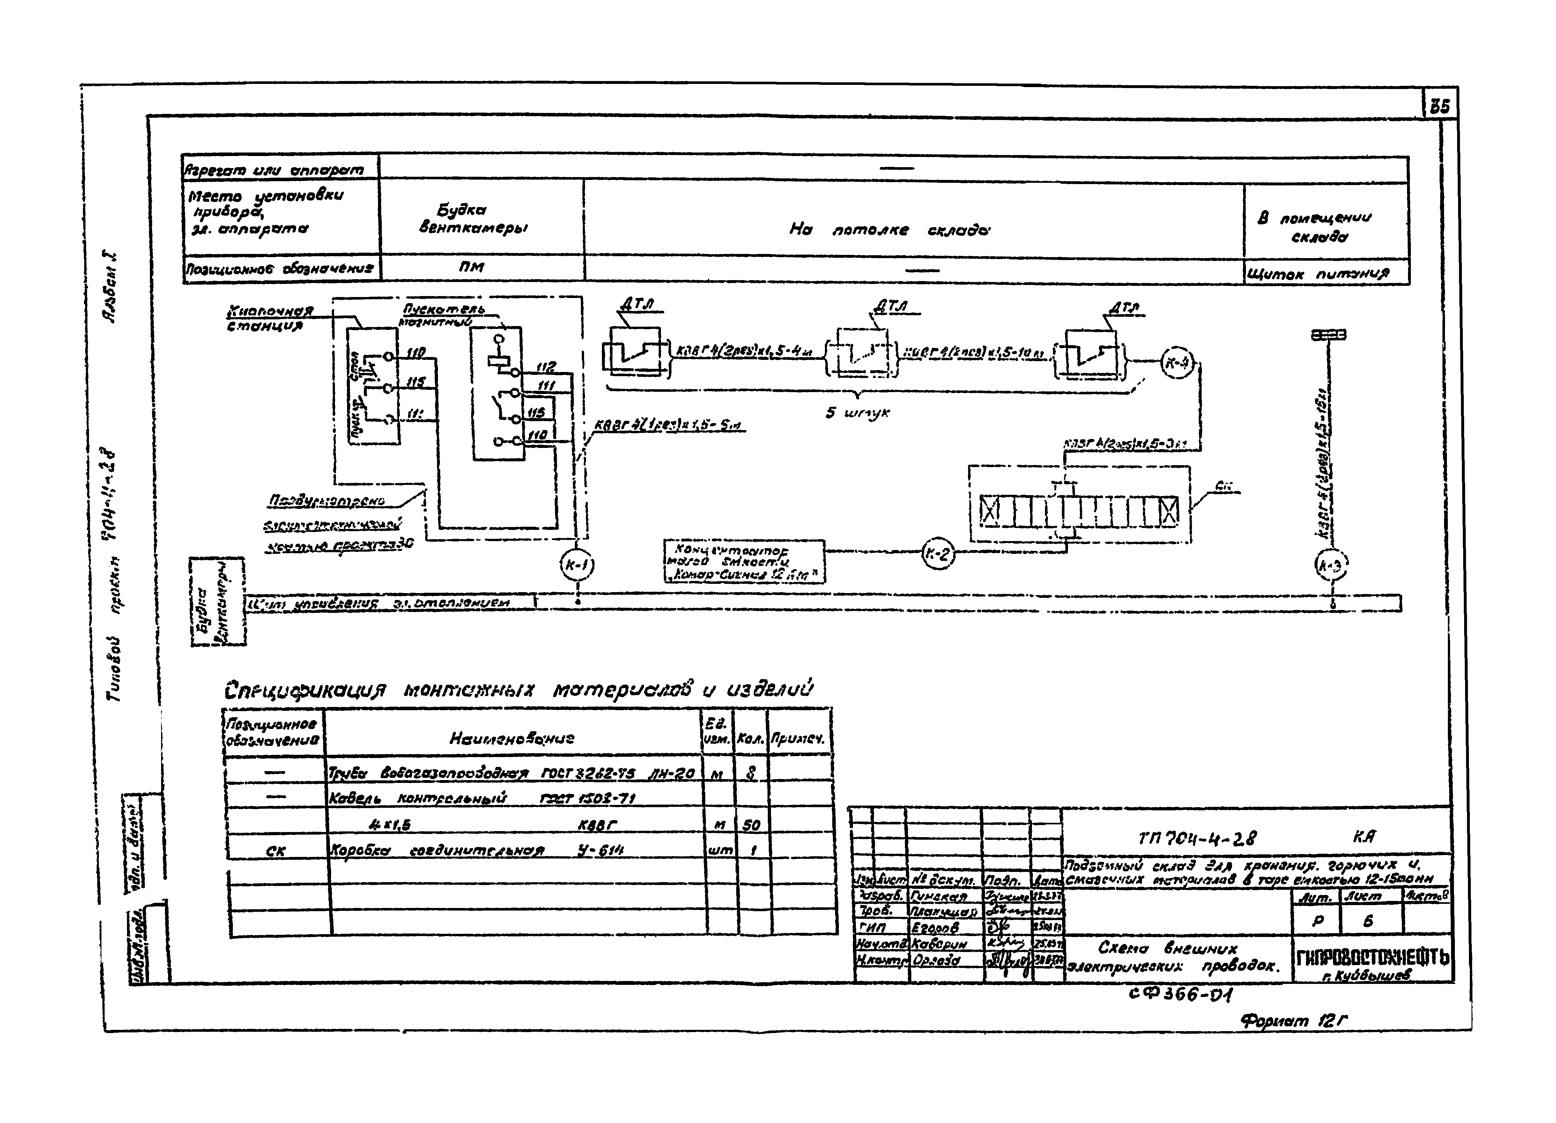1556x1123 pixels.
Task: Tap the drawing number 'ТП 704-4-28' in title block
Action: [1197, 838]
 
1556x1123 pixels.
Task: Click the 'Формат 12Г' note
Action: [1293, 1022]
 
